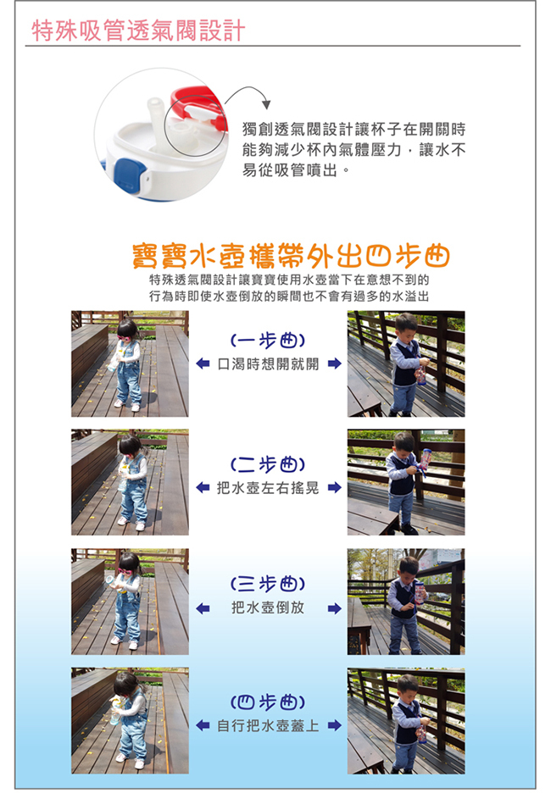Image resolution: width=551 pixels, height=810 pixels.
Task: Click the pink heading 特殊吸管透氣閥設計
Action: coord(138,30)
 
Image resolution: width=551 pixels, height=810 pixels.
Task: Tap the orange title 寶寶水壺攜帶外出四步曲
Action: coord(291,256)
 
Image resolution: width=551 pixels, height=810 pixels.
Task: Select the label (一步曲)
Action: coord(268,341)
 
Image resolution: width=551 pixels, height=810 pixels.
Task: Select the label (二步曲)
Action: coord(268,464)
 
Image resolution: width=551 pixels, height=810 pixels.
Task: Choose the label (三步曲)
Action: coord(268,584)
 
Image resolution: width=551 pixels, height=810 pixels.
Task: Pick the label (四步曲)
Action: coord(268,702)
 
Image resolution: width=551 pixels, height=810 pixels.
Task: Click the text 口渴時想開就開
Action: coord(268,364)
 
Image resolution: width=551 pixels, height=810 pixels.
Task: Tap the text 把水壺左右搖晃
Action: coord(268,488)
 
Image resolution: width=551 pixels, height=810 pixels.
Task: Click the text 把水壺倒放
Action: coord(268,607)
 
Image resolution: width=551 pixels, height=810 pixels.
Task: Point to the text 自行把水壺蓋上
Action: coord(268,726)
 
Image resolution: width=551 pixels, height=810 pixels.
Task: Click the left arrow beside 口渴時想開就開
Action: coord(203,363)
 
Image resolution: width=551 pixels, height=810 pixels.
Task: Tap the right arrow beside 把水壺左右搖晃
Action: coord(335,487)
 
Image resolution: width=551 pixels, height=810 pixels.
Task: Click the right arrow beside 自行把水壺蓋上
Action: coord(335,725)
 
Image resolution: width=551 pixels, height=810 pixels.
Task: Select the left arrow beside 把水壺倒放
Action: coord(203,608)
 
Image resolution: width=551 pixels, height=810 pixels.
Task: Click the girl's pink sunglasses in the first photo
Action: coord(124,338)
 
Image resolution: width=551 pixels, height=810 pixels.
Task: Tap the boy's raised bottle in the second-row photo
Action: coord(426,458)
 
